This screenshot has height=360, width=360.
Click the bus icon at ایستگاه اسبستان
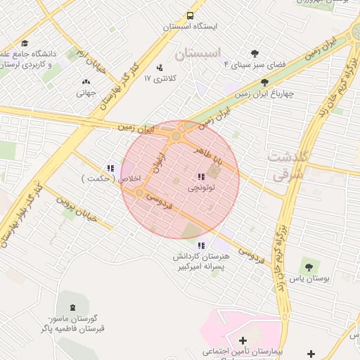click(191, 15)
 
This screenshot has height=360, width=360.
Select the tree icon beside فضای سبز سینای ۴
click(255, 53)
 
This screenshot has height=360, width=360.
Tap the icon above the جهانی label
click(86, 82)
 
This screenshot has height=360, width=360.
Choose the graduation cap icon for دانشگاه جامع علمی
click(25, 44)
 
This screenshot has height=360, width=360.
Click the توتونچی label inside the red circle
click(202, 188)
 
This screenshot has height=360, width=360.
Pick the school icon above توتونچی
click(201, 176)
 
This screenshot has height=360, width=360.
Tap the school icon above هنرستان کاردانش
click(201, 245)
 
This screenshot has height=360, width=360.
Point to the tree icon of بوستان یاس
click(307, 266)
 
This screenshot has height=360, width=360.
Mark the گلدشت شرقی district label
click(287, 166)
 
